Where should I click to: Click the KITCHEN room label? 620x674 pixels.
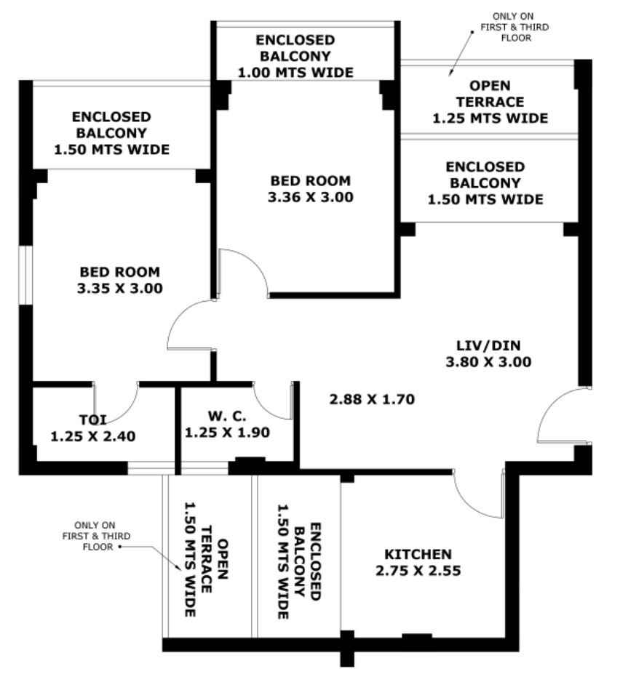pyautogui.click(x=418, y=554)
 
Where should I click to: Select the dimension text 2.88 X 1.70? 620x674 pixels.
pyautogui.click(x=371, y=399)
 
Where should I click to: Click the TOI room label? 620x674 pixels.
pyautogui.click(x=93, y=420)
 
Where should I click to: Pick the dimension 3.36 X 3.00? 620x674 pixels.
pyautogui.click(x=311, y=196)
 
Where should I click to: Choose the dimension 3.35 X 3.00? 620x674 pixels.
pyautogui.click(x=119, y=288)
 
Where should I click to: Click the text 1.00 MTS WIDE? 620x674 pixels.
pyautogui.click(x=296, y=72)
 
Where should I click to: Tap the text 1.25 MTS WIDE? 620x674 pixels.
pyautogui.click(x=490, y=118)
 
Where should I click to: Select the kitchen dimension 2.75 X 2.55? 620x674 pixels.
pyautogui.click(x=418, y=571)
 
